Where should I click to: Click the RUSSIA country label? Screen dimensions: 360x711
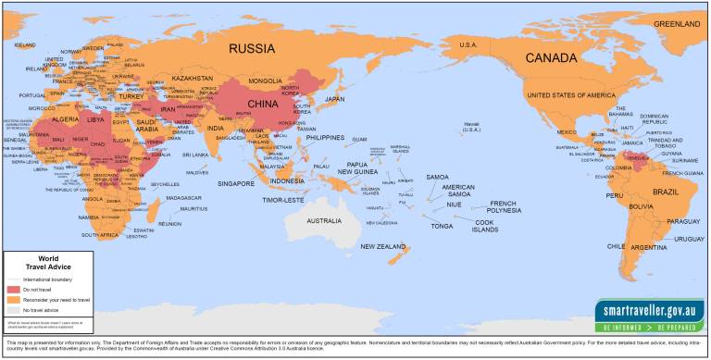(251, 48)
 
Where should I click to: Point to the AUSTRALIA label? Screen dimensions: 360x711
(324, 221)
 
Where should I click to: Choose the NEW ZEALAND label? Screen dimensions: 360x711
(383, 246)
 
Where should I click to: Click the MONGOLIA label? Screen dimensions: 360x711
(265, 81)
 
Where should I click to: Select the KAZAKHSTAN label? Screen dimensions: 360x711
(193, 79)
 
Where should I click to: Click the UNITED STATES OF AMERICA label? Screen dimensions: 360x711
(570, 95)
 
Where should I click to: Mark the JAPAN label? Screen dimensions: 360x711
(334, 99)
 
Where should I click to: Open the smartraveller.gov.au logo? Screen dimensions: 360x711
(649, 311)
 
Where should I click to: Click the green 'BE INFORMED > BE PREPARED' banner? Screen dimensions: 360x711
(649, 327)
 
